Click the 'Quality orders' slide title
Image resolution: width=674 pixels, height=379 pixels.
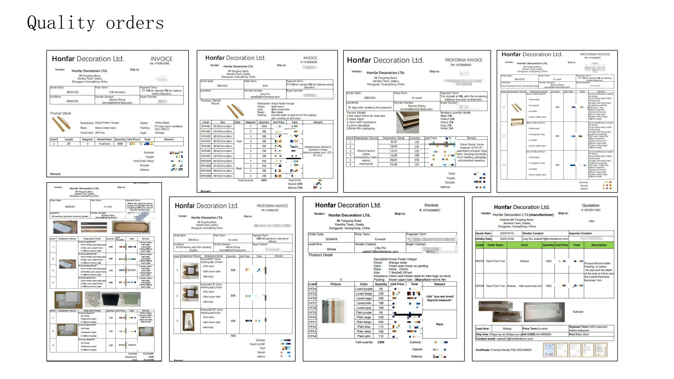pyautogui.click(x=95, y=23)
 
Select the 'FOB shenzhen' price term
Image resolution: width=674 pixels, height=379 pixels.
pyautogui.click(x=117, y=92)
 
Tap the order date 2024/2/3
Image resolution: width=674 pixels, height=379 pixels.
pyautogui.click(x=222, y=86)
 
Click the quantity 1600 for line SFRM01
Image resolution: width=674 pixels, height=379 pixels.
pyautogui.click(x=264, y=126)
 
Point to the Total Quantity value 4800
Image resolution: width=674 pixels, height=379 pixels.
pyautogui.click(x=264, y=180)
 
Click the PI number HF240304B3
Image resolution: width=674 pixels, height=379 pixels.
pyautogui.click(x=461, y=65)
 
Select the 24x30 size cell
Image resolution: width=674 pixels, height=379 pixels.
pyautogui.click(x=393, y=164)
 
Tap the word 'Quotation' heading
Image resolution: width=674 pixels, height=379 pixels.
pyautogui.click(x=591, y=205)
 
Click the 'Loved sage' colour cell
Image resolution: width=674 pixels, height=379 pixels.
pyautogui.click(x=363, y=298)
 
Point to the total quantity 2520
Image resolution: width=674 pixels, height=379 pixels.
pyautogui.click(x=381, y=342)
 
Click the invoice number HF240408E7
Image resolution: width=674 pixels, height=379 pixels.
pyautogui.click(x=431, y=210)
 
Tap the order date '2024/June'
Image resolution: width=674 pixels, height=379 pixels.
pyautogui.click(x=193, y=240)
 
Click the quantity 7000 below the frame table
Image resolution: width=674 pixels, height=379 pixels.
pyautogui.click(x=233, y=336)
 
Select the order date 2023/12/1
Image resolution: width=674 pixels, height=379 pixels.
pyautogui.click(x=70, y=207)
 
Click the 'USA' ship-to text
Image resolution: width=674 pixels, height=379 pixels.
pyautogui.click(x=591, y=221)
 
